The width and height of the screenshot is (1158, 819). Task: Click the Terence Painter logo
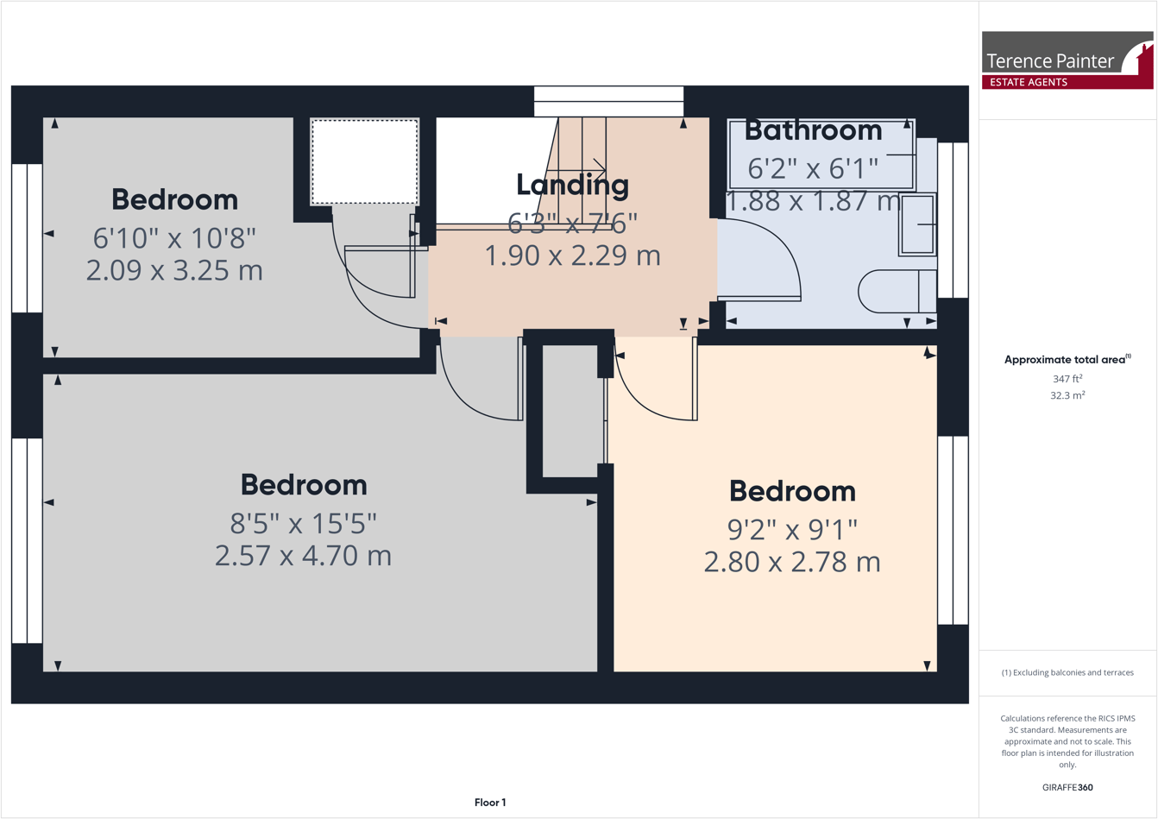point(1067,60)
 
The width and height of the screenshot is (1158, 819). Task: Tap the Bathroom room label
point(813,130)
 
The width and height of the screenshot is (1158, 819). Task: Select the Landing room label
point(572,184)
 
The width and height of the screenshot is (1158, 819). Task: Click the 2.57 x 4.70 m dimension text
point(303,555)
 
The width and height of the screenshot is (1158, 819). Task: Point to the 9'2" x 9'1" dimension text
point(791,527)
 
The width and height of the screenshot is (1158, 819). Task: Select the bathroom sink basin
point(917,225)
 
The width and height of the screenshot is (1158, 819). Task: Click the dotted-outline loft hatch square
point(364,162)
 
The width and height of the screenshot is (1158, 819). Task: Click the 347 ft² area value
point(1067,378)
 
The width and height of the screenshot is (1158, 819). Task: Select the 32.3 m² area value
point(1067,395)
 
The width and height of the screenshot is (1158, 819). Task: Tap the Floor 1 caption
point(490,803)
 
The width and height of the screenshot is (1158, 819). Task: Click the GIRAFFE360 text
point(1067,787)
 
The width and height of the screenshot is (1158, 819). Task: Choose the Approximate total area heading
point(1067,359)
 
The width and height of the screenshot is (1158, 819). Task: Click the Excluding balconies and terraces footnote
point(1067,672)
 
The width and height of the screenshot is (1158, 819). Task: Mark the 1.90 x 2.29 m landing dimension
point(572,255)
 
